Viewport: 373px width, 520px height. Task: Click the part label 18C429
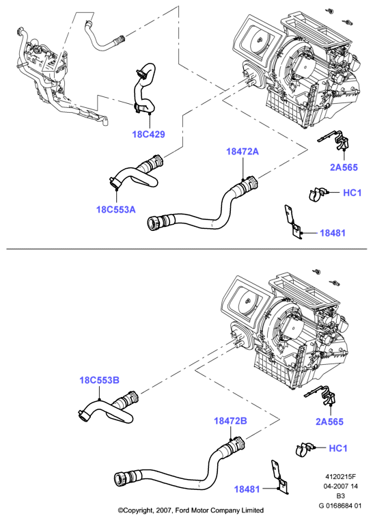click(148, 135)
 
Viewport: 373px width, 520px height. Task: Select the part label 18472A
click(243, 152)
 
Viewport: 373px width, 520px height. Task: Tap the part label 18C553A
click(116, 210)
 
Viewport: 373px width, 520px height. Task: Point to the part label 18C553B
click(99, 380)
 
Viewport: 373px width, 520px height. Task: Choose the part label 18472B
click(230, 421)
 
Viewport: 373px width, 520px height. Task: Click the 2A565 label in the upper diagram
click(344, 167)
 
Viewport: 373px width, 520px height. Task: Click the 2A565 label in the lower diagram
click(329, 422)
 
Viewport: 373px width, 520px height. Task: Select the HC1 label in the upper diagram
click(352, 192)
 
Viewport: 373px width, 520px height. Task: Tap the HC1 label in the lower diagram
click(338, 448)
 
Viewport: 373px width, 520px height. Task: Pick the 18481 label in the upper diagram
click(333, 233)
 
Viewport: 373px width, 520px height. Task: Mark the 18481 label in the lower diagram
click(247, 489)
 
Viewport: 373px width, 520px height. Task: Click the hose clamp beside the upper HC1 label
click(318, 194)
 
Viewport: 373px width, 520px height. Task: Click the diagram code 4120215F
click(340, 477)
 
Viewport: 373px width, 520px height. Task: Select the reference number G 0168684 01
click(340, 506)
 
